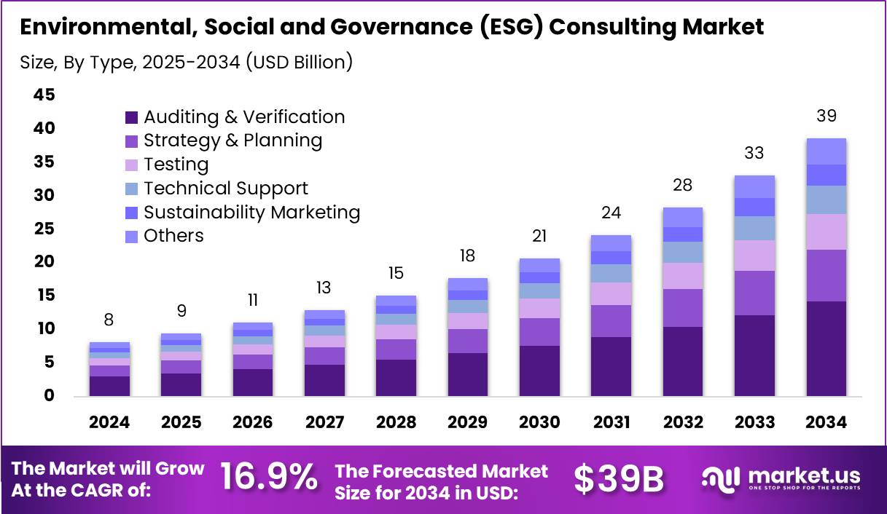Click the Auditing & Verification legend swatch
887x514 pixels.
131,117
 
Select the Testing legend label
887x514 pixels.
176,165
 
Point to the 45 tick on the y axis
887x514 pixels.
44,95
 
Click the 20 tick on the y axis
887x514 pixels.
44,261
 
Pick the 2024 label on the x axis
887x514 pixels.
109,423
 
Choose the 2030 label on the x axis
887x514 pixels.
539,423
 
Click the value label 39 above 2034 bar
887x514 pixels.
827,116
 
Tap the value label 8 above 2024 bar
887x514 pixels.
109,320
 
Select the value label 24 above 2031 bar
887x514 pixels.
611,213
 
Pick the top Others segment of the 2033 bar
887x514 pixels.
754,186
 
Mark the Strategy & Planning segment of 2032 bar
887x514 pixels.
683,307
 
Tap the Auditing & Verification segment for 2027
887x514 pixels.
324,379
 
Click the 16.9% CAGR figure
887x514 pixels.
269,478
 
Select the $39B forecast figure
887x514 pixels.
618,478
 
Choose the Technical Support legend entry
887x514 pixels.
225,189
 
